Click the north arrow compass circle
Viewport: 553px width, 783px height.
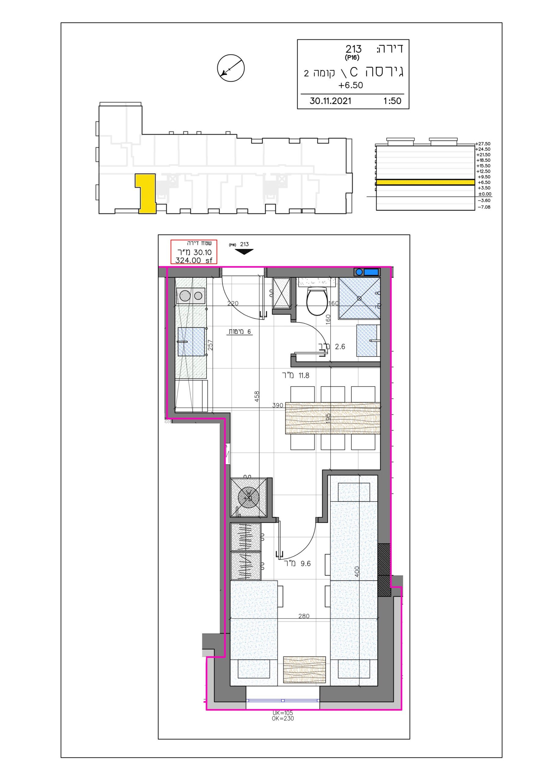[231, 68]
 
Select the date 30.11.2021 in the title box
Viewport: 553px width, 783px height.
[330, 101]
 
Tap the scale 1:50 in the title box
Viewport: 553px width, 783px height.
[392, 101]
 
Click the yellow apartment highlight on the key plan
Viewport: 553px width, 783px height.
[146, 193]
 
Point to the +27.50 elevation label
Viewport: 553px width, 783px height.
[483, 144]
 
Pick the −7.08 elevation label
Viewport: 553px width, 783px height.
[484, 207]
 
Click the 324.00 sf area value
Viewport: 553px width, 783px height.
[194, 260]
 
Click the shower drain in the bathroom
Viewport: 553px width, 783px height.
[359, 298]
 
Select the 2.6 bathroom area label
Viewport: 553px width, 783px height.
[340, 347]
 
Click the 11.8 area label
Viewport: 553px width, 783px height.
[304, 376]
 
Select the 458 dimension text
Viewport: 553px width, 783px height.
[257, 395]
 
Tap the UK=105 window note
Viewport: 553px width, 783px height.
[283, 713]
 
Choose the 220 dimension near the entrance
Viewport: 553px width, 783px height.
[233, 303]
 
